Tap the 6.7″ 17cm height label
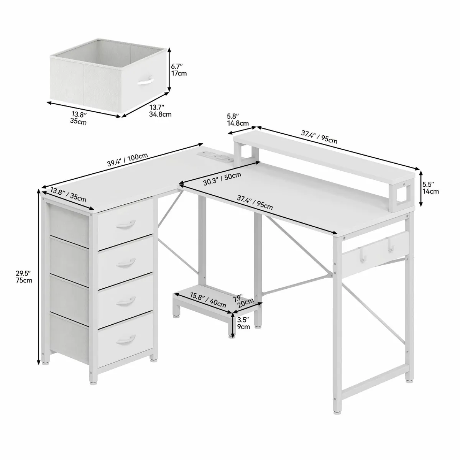[x=179, y=69]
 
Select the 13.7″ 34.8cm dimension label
[x=160, y=111]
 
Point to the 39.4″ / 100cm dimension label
[x=128, y=159]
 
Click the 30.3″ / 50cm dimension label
[x=222, y=179]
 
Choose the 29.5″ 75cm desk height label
[x=24, y=276]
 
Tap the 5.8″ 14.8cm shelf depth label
[x=238, y=120]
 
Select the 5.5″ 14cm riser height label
[x=430, y=187]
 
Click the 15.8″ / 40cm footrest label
[x=208, y=300]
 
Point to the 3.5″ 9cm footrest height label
[x=243, y=323]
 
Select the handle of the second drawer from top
[x=126, y=262]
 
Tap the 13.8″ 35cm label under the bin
[x=79, y=118]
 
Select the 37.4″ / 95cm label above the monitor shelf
[x=319, y=137]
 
